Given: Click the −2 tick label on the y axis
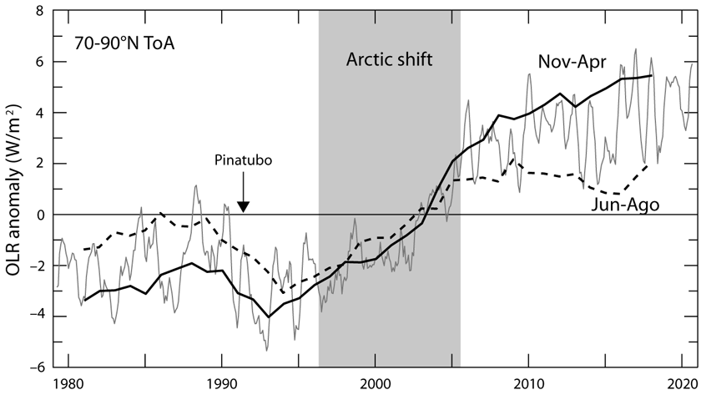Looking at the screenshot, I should (37, 266).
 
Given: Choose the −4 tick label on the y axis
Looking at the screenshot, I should (37, 317).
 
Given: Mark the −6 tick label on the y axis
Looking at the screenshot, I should (37, 368).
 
